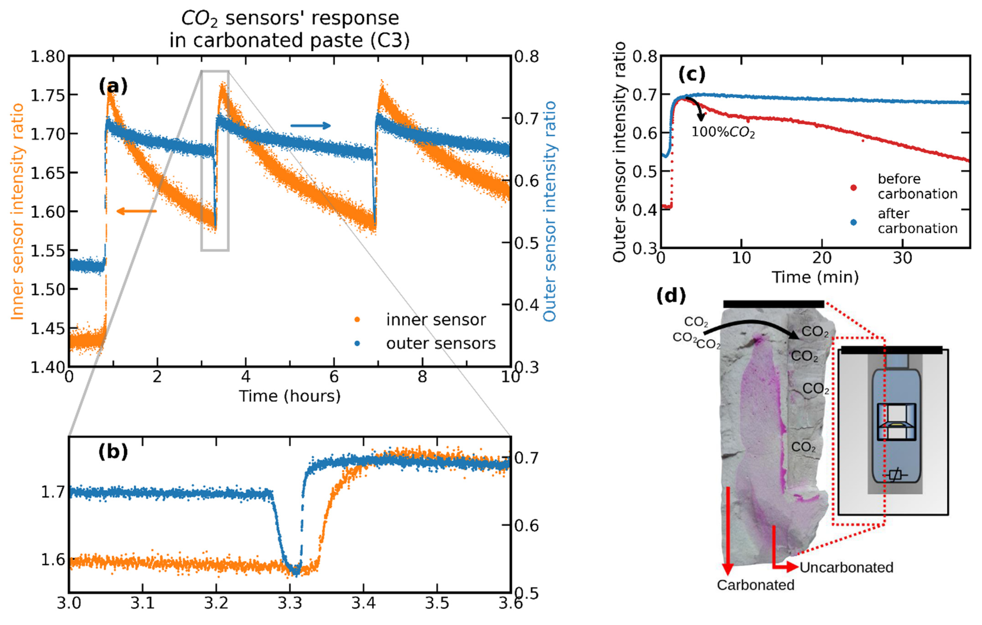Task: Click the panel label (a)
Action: click(113, 87)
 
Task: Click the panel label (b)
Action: click(113, 452)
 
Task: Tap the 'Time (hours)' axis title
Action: click(289, 396)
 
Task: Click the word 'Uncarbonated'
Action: click(846, 567)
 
